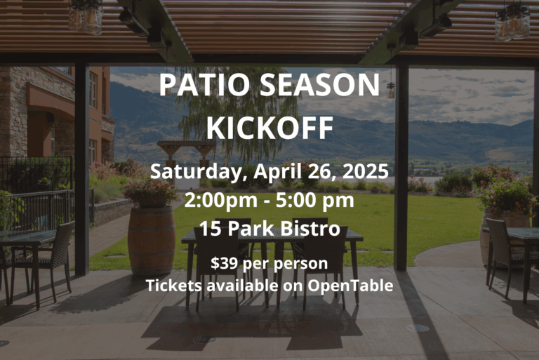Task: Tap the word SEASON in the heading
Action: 320,85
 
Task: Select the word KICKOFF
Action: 269,128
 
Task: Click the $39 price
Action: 225,263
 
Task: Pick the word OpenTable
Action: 350,286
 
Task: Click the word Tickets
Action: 173,286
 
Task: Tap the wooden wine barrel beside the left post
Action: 152,240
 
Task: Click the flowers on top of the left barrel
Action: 152,191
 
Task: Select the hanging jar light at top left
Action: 85,16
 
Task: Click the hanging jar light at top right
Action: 512,20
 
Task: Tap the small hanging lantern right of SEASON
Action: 391,91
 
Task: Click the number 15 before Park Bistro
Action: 210,228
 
